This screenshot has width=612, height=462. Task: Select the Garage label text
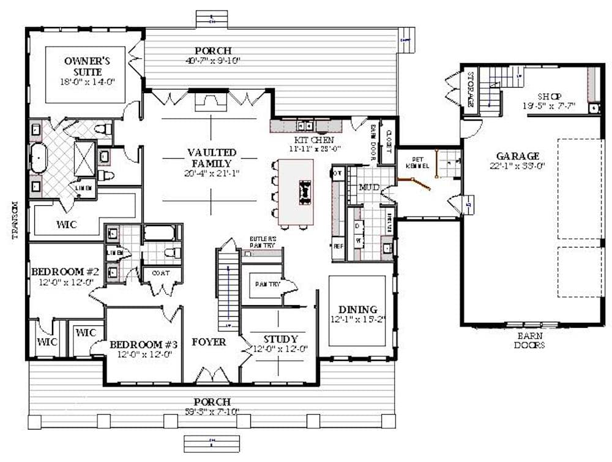click(518, 156)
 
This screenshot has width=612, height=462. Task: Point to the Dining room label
click(357, 309)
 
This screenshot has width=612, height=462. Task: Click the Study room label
click(280, 339)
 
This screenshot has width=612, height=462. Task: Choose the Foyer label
click(209, 341)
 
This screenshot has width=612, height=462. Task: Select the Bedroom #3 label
click(144, 344)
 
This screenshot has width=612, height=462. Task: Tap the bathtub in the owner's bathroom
click(39, 158)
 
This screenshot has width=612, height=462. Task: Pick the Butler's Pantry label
click(263, 241)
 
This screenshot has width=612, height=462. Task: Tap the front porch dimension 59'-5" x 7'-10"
click(213, 411)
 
